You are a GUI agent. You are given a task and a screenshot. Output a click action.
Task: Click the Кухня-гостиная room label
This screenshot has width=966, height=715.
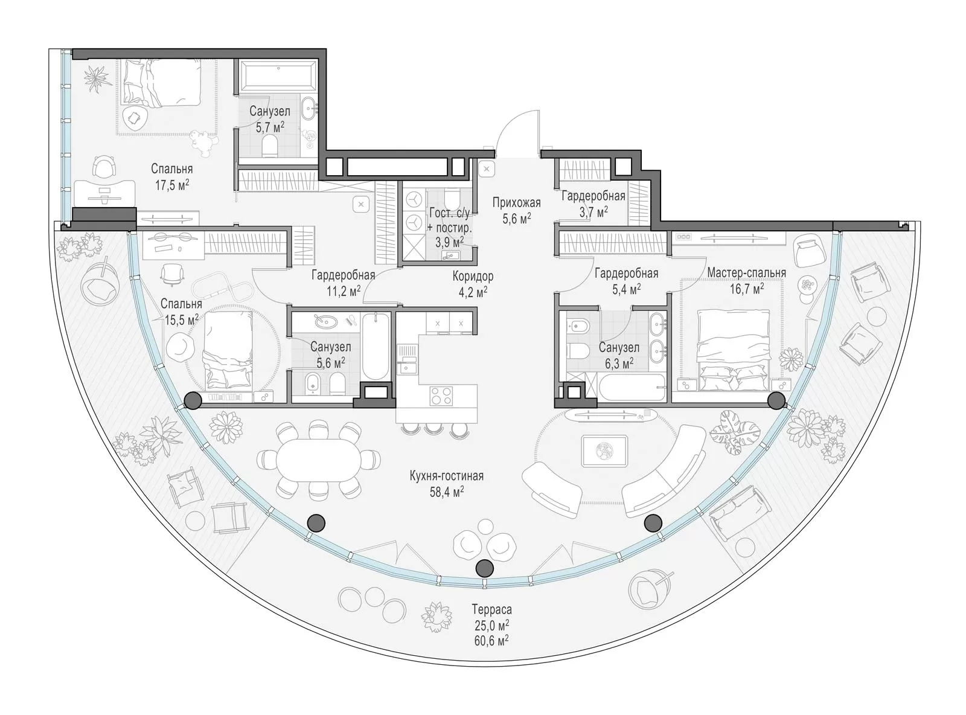pyautogui.click(x=446, y=475)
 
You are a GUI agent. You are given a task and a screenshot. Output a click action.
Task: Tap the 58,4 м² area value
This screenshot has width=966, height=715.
pyautogui.click(x=446, y=492)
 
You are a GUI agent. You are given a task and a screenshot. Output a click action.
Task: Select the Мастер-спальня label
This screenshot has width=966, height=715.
pyautogui.click(x=746, y=273)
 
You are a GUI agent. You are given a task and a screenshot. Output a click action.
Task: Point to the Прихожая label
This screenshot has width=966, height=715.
pyautogui.click(x=517, y=203)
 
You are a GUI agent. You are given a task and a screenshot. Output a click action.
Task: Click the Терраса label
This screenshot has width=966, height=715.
pyautogui.click(x=491, y=609)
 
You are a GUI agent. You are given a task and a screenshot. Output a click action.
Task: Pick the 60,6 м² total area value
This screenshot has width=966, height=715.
pyautogui.click(x=491, y=641)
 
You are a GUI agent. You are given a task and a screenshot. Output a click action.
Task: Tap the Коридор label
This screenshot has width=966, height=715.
pyautogui.click(x=473, y=276)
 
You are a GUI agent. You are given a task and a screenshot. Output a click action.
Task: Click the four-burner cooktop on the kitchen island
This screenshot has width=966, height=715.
pyautogui.click(x=441, y=396)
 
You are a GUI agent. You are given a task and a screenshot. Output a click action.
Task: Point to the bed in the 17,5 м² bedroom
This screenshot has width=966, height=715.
pyautogui.click(x=162, y=83)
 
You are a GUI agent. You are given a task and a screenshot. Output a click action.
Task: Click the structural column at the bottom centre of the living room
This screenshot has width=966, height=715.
pyautogui.click(x=484, y=567)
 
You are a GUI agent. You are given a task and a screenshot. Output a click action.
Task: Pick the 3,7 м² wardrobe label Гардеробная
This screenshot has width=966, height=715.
pyautogui.click(x=593, y=196)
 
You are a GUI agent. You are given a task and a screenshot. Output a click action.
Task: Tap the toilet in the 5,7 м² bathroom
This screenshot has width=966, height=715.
pyautogui.click(x=270, y=145)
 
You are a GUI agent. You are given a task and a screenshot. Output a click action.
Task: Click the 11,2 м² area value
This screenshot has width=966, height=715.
pyautogui.click(x=344, y=291)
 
